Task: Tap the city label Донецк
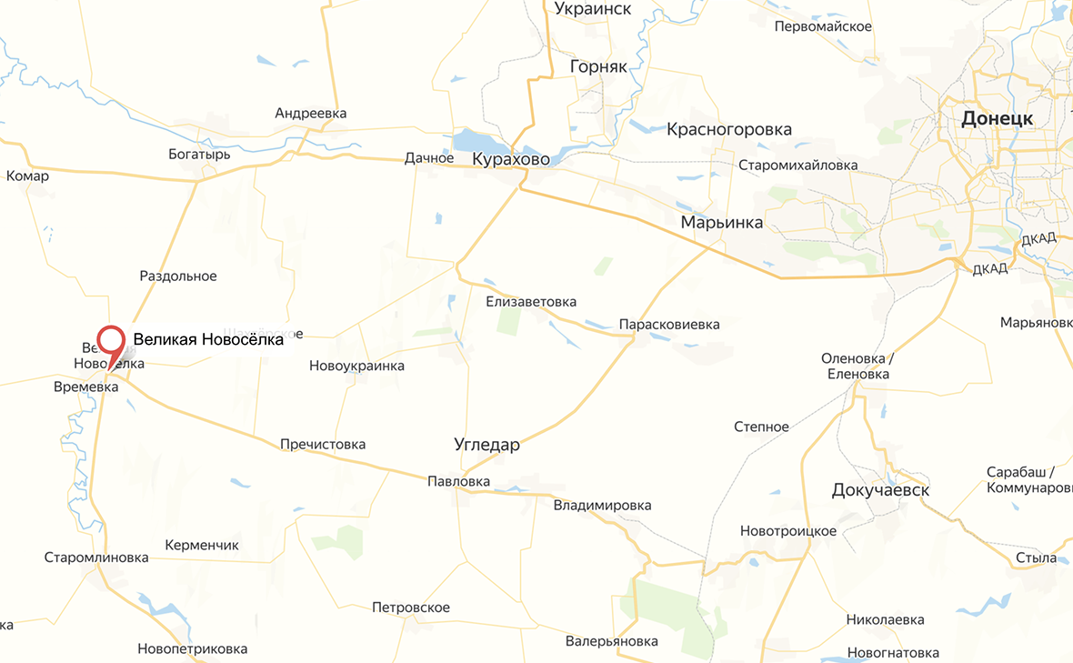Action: point(997,119)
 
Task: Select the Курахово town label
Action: point(510,160)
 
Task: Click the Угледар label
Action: point(486,445)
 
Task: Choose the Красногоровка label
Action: point(728,129)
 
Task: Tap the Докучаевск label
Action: point(880,491)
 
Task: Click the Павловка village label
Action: point(458,482)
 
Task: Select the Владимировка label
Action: point(602,506)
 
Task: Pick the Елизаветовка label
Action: point(531,302)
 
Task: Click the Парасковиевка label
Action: point(668,325)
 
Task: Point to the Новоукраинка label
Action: point(356,367)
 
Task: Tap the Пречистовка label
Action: point(323,445)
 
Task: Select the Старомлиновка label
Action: point(96,558)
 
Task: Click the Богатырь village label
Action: point(199,155)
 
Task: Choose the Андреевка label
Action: point(311,114)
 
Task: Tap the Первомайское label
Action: point(823,26)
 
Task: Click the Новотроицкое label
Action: point(788,531)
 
